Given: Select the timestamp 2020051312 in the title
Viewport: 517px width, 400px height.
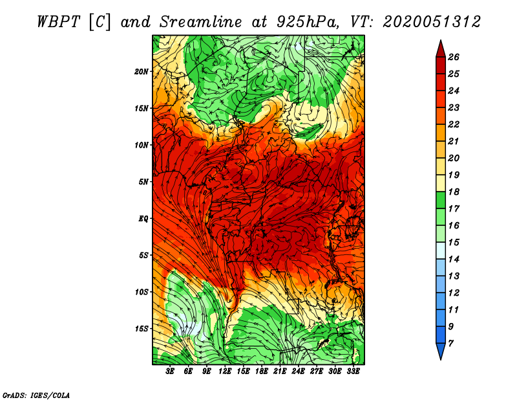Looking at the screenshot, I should tap(432, 21).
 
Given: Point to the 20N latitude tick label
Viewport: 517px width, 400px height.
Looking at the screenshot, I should tap(142, 71).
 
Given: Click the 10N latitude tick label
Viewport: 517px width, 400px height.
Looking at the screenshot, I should tap(142, 145).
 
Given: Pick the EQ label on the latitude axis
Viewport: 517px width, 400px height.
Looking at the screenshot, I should tap(143, 219).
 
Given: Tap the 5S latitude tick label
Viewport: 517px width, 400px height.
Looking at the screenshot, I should tap(143, 255).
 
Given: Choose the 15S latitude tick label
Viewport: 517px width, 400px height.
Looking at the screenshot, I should tap(142, 329).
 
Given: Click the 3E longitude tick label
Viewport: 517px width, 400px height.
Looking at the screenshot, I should tap(171, 371).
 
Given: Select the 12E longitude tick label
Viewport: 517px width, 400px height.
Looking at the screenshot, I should tap(226, 371).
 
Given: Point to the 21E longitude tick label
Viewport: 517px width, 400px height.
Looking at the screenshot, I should tap(280, 371).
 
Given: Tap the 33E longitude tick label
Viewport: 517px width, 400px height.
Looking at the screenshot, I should tap(353, 371).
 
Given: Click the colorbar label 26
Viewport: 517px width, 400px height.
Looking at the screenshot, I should tap(454, 57).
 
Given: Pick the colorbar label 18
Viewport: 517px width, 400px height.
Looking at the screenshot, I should tap(454, 192).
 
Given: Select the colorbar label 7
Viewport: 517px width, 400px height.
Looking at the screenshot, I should tap(451, 343).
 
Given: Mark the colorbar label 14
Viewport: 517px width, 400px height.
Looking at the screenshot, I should tap(454, 259).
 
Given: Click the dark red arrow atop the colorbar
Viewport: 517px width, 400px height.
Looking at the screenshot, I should tap(440, 47).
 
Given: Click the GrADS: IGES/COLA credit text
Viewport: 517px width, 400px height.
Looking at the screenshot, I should tap(36, 394).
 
